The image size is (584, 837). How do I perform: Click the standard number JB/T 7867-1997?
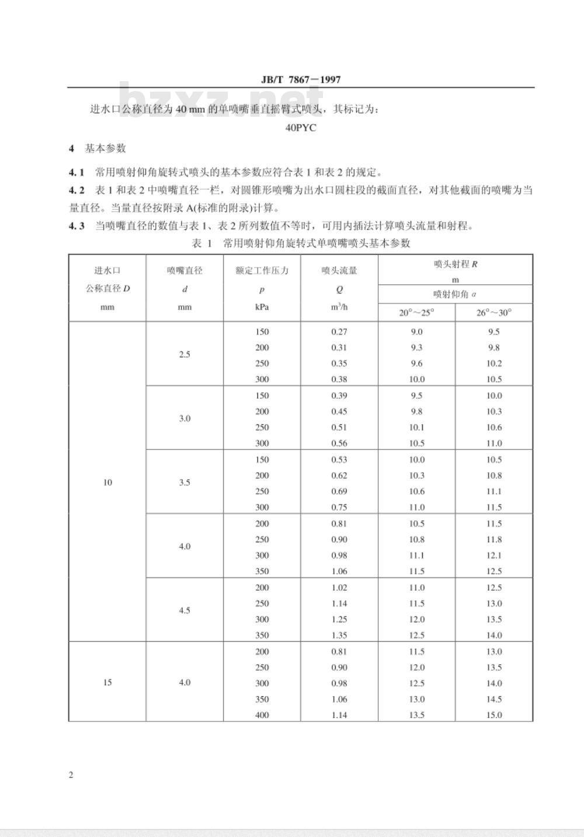pos(301,80)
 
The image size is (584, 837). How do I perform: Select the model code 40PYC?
pos(301,128)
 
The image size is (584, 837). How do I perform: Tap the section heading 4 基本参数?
pos(98,148)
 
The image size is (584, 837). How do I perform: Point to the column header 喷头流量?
pos(339,270)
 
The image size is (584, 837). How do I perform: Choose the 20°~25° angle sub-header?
pos(416,313)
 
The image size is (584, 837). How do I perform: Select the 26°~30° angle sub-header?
pos(493,313)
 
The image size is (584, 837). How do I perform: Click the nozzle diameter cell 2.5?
pos(185,354)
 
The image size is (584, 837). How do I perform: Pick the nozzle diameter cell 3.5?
pos(185,483)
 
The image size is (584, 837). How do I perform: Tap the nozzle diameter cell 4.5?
pos(185,611)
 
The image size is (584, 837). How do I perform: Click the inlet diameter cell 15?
pos(107,682)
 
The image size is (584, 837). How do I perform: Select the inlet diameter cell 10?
pos(107,483)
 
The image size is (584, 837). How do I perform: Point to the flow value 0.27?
pos(339,332)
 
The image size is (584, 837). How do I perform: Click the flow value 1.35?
pos(339,635)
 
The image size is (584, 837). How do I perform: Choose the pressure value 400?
pos(262,715)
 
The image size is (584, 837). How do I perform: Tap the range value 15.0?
pos(494,715)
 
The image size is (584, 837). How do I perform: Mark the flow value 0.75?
pos(339,507)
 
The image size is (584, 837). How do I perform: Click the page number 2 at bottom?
pos(71,775)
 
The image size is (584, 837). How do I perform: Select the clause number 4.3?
pos(77,226)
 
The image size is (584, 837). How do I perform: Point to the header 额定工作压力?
pos(262,270)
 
